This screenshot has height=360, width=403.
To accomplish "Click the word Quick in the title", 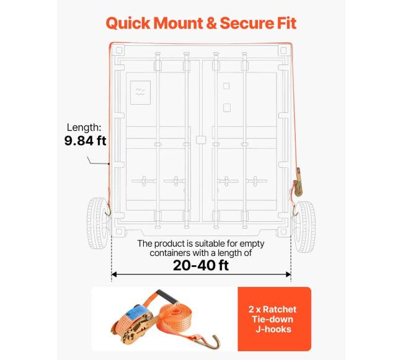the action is point(128,24).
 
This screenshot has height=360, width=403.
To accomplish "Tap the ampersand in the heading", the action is point(211,23).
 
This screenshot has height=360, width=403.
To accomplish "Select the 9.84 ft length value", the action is point(85,141).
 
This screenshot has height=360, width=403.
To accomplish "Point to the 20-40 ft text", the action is point(201,265).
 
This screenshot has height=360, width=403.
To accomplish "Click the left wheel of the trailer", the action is point(98,223).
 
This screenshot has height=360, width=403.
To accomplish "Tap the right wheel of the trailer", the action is point(305,227).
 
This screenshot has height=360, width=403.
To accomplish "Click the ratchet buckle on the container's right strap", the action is point(298,182).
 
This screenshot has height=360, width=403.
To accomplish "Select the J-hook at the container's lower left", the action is point(108,209).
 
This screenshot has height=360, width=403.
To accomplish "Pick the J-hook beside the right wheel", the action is point(295,211).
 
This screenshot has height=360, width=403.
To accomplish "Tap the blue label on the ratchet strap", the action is point(139,314).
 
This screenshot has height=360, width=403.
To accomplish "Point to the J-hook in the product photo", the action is point(210,341).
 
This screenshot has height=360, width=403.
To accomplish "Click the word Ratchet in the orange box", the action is point(280,309).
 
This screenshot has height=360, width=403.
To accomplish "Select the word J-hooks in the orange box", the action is point(273,329).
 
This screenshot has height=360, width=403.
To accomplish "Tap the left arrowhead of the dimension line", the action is point(114,274).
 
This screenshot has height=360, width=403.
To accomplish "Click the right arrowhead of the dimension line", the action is point(288,274).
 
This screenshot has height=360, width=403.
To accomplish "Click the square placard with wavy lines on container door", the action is point(140,92).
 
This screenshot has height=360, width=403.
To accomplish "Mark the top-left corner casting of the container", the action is point(118,50).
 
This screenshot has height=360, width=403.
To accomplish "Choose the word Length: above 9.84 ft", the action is point(84,128).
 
